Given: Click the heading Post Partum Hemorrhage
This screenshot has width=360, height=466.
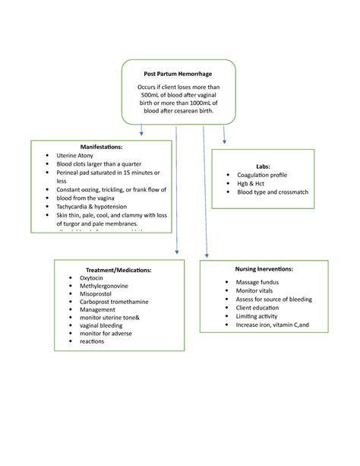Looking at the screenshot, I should [x=178, y=74].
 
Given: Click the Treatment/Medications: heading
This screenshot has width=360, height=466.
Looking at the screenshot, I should [x=118, y=270].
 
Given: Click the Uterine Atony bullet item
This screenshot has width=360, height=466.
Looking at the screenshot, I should [x=74, y=155].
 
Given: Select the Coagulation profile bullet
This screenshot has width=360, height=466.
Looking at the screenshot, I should [x=262, y=174].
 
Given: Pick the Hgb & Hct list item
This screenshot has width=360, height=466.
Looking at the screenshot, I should [x=253, y=183].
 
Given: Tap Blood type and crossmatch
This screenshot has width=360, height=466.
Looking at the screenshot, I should [x=273, y=192].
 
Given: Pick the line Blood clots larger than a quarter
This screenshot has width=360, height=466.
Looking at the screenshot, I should [x=99, y=163].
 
